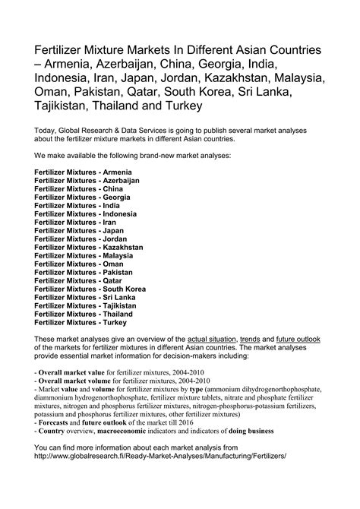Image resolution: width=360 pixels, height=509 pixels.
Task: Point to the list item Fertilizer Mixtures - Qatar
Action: click(79, 280)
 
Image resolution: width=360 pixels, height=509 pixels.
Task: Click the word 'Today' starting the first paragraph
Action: click(46, 130)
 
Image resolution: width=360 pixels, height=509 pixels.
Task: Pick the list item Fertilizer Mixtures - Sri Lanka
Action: click(84, 297)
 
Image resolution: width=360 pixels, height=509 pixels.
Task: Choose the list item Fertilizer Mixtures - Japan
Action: click(79, 231)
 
